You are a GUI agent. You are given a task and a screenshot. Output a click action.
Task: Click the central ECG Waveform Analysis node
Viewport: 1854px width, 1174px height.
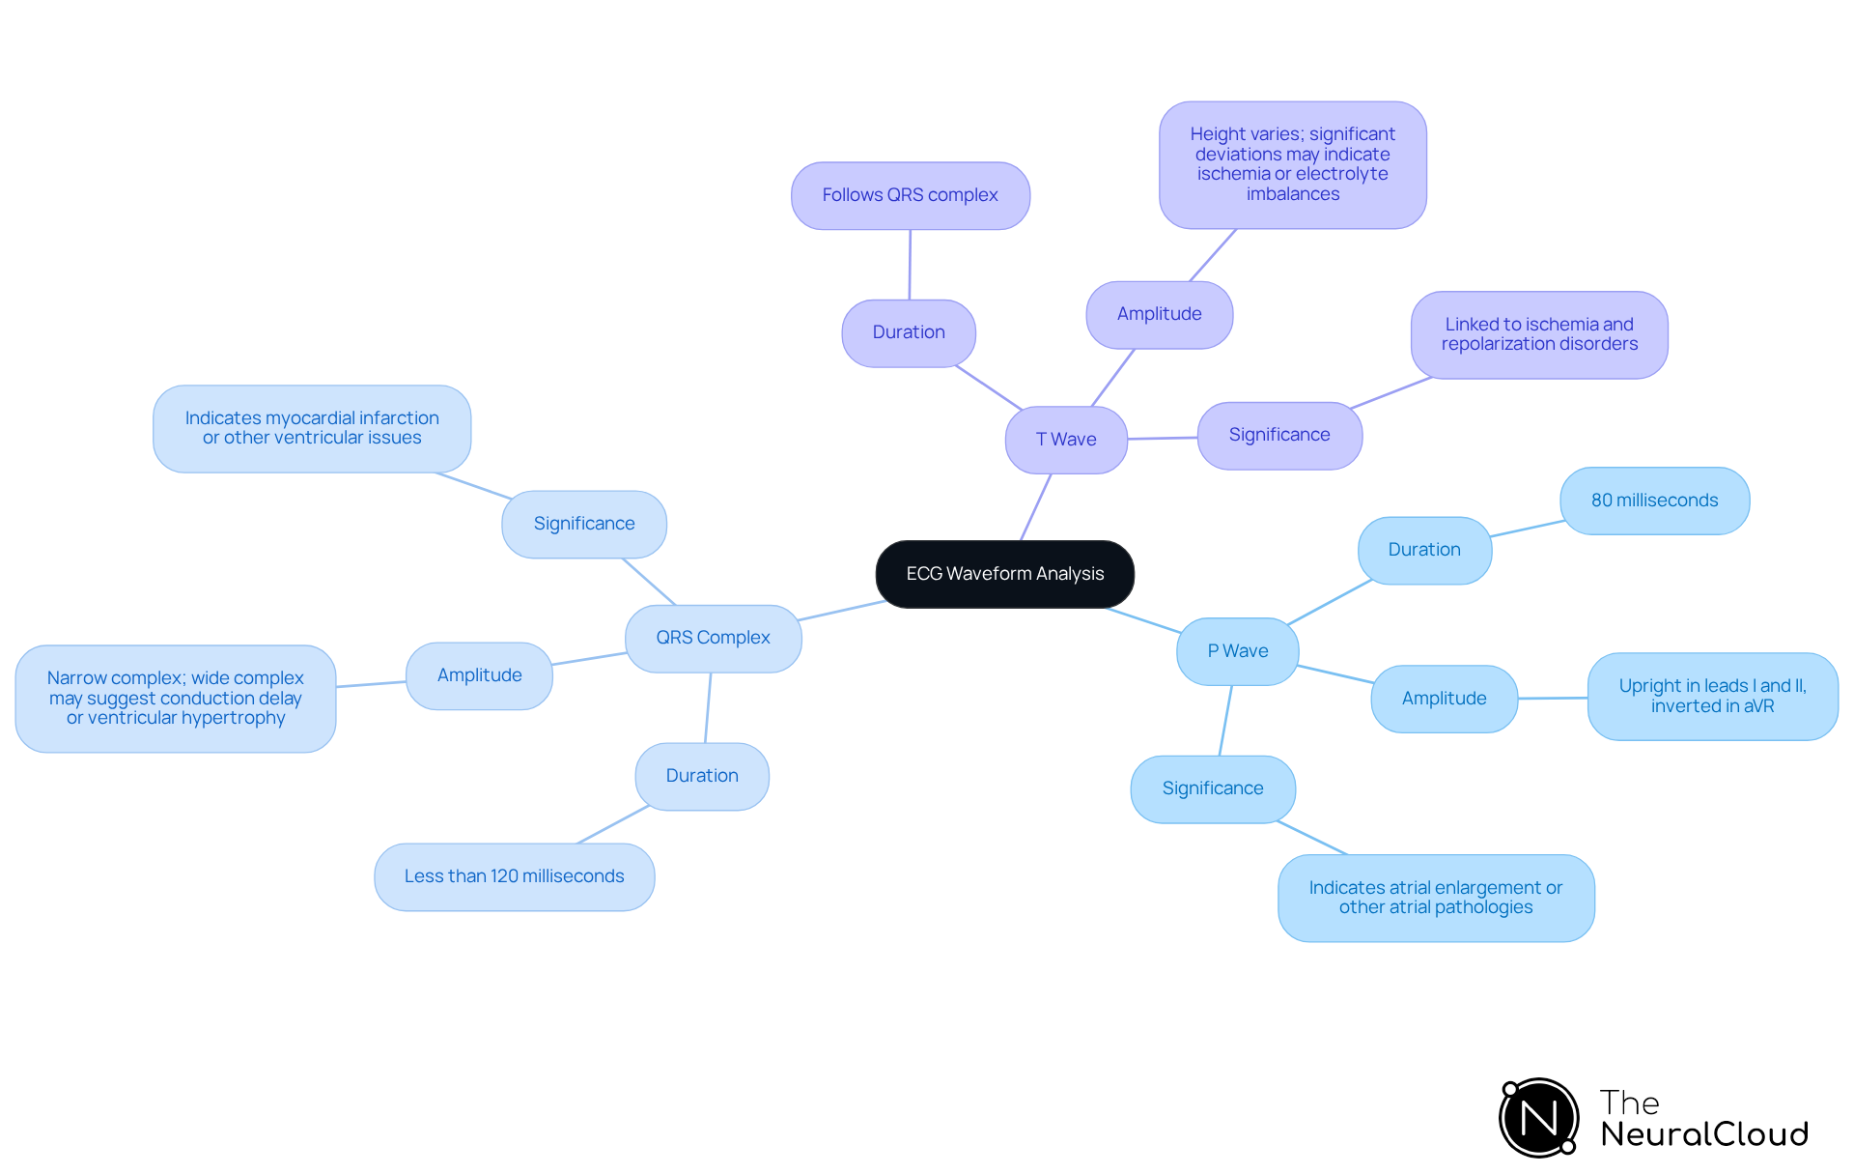click(x=1004, y=574)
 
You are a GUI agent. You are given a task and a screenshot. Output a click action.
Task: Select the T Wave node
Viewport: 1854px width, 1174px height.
click(x=1066, y=440)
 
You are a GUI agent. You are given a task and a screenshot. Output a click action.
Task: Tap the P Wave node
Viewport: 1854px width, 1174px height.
click(x=1237, y=651)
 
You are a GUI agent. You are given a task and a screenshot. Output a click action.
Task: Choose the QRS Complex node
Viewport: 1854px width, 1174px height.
click(x=713, y=638)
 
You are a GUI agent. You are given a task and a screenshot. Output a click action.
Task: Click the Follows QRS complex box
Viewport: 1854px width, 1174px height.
click(x=910, y=195)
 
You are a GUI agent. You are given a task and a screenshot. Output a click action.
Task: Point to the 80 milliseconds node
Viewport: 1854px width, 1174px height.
click(x=1654, y=501)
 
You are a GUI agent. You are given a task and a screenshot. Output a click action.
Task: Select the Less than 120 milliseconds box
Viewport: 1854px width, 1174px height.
click(x=514, y=876)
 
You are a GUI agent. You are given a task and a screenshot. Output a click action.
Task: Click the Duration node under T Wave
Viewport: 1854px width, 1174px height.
click(x=909, y=332)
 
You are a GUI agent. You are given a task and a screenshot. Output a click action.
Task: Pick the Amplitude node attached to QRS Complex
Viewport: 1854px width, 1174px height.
click(x=479, y=675)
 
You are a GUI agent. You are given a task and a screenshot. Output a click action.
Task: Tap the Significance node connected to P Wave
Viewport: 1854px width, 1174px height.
click(x=1212, y=788)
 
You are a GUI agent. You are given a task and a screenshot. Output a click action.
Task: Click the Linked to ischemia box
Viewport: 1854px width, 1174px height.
click(x=1539, y=334)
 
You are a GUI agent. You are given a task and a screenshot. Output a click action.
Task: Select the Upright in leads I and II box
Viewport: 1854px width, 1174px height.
click(x=1712, y=696)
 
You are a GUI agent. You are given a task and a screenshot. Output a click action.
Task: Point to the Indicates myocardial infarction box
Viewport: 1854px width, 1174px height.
click(x=312, y=428)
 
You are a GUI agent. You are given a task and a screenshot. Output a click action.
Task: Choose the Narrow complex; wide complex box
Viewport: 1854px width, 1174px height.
click(x=176, y=698)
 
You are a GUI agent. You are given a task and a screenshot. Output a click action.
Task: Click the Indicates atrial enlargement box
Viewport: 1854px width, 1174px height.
click(x=1435, y=898)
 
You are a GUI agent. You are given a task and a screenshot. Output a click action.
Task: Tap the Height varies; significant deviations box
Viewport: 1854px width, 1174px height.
click(x=1292, y=164)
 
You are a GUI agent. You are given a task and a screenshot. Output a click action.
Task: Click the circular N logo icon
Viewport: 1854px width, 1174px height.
click(x=1539, y=1118)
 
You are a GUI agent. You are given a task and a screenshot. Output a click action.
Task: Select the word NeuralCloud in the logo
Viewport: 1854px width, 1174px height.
click(x=1704, y=1134)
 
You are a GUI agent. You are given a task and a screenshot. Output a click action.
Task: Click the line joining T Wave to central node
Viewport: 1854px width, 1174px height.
click(x=1036, y=506)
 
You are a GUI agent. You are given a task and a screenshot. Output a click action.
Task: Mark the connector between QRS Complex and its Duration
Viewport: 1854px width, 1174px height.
click(x=708, y=707)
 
